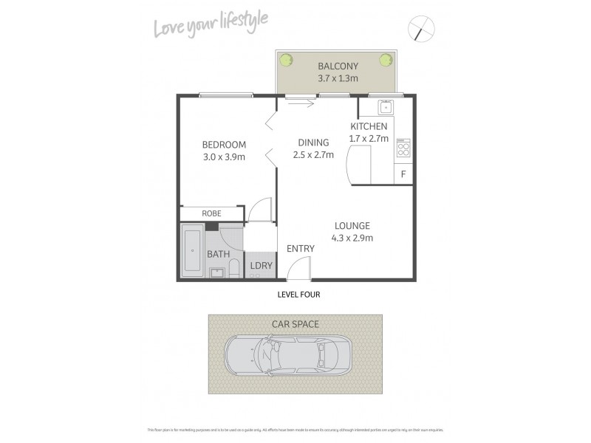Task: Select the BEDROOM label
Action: (224, 144)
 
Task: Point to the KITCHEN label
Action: (369, 126)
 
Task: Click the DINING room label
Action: (314, 142)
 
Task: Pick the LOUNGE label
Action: (352, 225)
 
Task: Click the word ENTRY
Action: (301, 249)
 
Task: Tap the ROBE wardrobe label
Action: (212, 214)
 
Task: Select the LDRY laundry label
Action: (259, 265)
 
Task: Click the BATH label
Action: (218, 254)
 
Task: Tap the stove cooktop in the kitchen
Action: (403, 150)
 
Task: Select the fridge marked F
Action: (403, 174)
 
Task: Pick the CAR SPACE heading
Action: (295, 323)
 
